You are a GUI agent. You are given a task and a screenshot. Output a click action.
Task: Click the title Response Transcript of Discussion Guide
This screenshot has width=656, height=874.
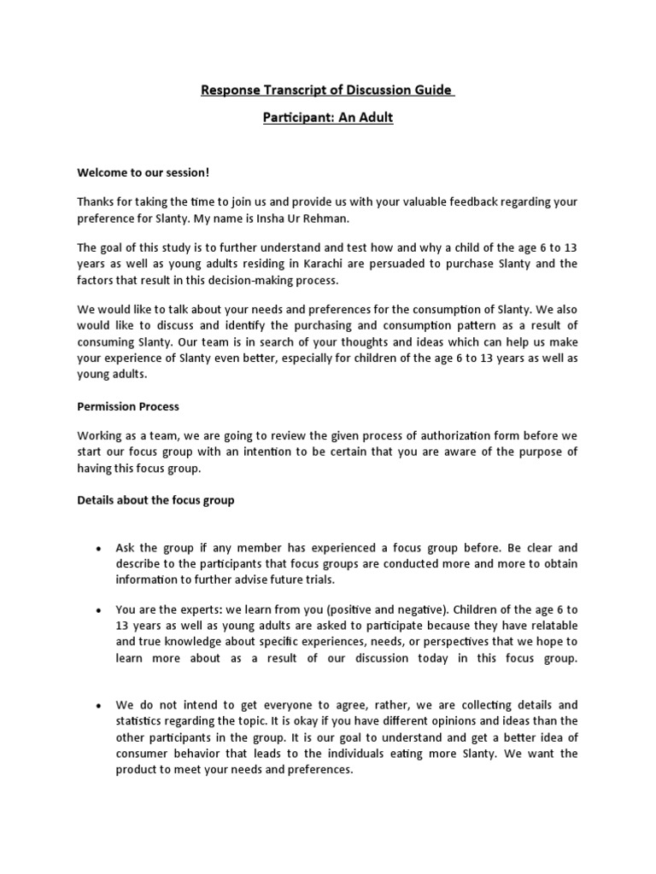(327, 90)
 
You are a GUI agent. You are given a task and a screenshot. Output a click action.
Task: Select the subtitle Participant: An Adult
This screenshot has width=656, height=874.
(327, 118)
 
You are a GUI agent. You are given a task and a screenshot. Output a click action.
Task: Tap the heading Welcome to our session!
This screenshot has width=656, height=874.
(143, 173)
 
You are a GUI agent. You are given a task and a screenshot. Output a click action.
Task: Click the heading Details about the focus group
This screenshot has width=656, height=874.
(155, 501)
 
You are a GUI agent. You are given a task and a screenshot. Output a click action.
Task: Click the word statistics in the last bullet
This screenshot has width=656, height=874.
(143, 721)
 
